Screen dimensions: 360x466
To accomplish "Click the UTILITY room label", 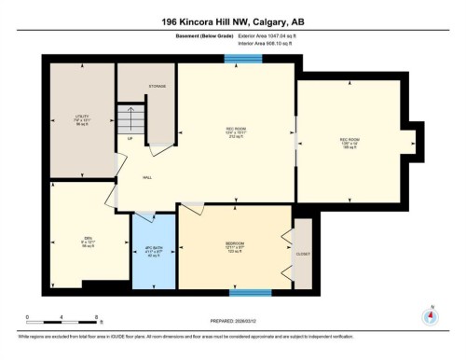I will coord(82,118).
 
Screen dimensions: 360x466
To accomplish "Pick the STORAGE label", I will coord(156,87).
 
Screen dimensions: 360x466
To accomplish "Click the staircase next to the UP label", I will coord(130,119).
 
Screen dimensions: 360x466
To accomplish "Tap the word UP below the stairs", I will coord(130,140).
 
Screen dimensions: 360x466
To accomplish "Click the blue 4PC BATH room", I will coord(154,250).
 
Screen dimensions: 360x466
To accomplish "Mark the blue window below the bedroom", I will coord(251,292).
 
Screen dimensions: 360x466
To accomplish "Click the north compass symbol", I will coord(430,316).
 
